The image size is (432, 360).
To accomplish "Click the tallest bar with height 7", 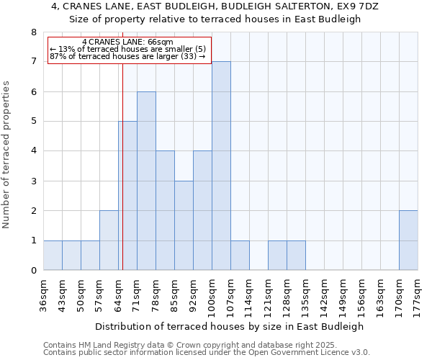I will pos(221,166).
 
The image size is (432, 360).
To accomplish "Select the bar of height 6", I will pos(146,181).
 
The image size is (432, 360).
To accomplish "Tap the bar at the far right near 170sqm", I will pos(408,240).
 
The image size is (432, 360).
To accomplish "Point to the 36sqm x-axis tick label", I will pos(43,295).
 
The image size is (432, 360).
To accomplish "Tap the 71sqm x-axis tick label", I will pos(137,295).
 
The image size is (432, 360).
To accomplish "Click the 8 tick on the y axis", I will pos(33,32).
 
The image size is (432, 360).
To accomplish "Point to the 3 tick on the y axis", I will pos(33,181).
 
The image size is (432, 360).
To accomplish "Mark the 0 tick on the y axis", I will pos(33,271).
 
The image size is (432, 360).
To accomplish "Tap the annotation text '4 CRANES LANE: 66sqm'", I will pos(127,42).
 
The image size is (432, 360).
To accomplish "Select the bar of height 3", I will pos(184,225).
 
